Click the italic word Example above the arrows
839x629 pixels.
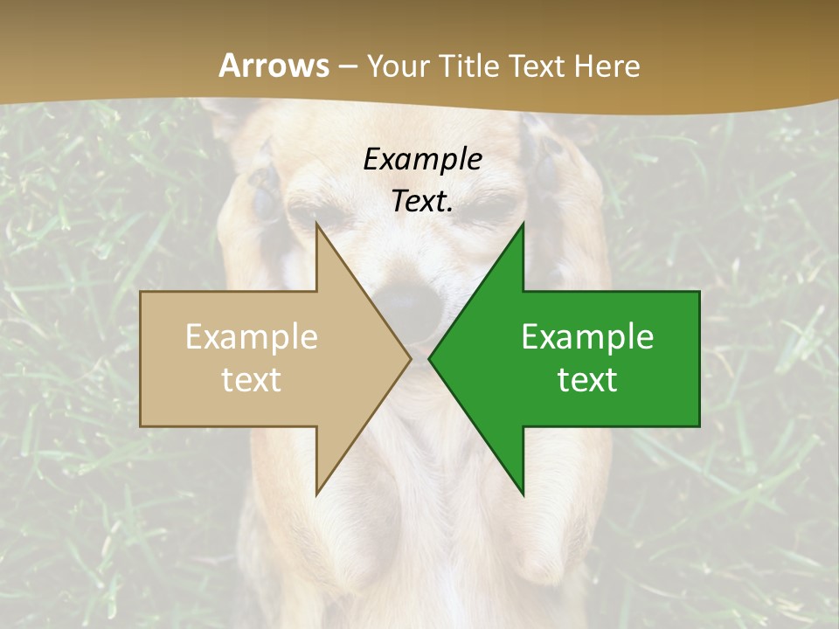tap(422, 159)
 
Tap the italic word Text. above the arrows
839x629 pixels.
tap(422, 201)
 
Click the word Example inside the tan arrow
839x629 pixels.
tap(252, 337)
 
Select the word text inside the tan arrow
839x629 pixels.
tap(252, 379)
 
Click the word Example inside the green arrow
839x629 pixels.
tap(587, 337)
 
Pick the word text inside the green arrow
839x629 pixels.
tap(587, 379)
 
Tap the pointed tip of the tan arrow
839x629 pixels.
tap(410, 359)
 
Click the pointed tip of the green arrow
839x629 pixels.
tap(429, 359)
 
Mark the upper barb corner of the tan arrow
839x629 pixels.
tap(316, 225)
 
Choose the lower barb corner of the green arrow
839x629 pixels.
tap(523, 494)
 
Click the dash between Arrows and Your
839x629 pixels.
tap(347, 67)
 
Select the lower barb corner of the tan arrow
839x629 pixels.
tap(316, 494)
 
